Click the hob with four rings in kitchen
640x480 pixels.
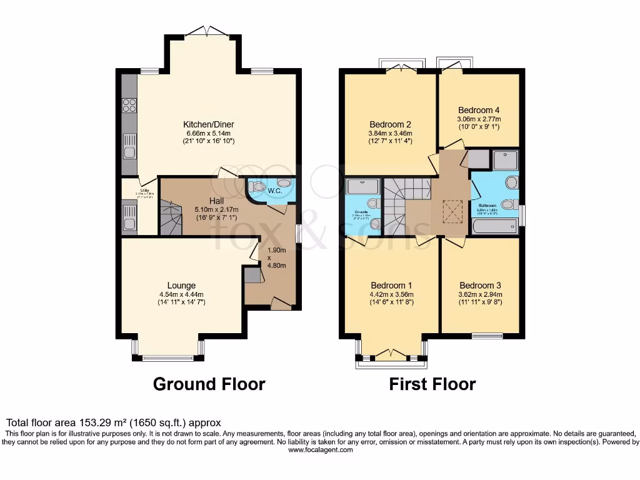pyautogui.click(x=129, y=106)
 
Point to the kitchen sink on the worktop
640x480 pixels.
pyautogui.click(x=129, y=147)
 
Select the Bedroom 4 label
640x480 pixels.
pyautogui.click(x=479, y=110)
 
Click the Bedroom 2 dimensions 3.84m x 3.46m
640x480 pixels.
pyautogui.click(x=391, y=133)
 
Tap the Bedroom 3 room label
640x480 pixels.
pyautogui.click(x=479, y=283)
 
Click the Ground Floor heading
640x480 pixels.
pyautogui.click(x=209, y=383)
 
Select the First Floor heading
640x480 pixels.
pyautogui.click(x=432, y=383)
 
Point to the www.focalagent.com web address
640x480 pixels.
pyautogui.click(x=319, y=449)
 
